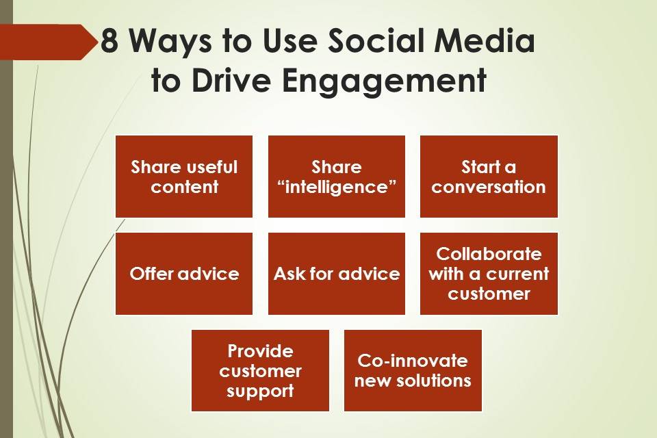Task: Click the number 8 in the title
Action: click(109, 41)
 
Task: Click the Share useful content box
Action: click(184, 177)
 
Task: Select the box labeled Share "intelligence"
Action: click(337, 177)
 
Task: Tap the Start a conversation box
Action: click(489, 177)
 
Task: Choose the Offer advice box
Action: click(184, 274)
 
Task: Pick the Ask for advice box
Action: click(337, 274)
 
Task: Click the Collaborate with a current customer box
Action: click(489, 274)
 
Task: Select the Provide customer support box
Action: click(260, 370)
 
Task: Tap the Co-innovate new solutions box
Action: click(413, 370)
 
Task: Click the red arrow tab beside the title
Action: click(48, 42)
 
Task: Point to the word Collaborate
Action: click(489, 254)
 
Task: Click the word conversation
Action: click(489, 187)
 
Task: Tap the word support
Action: click(260, 391)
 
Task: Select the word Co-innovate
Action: click(413, 361)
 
